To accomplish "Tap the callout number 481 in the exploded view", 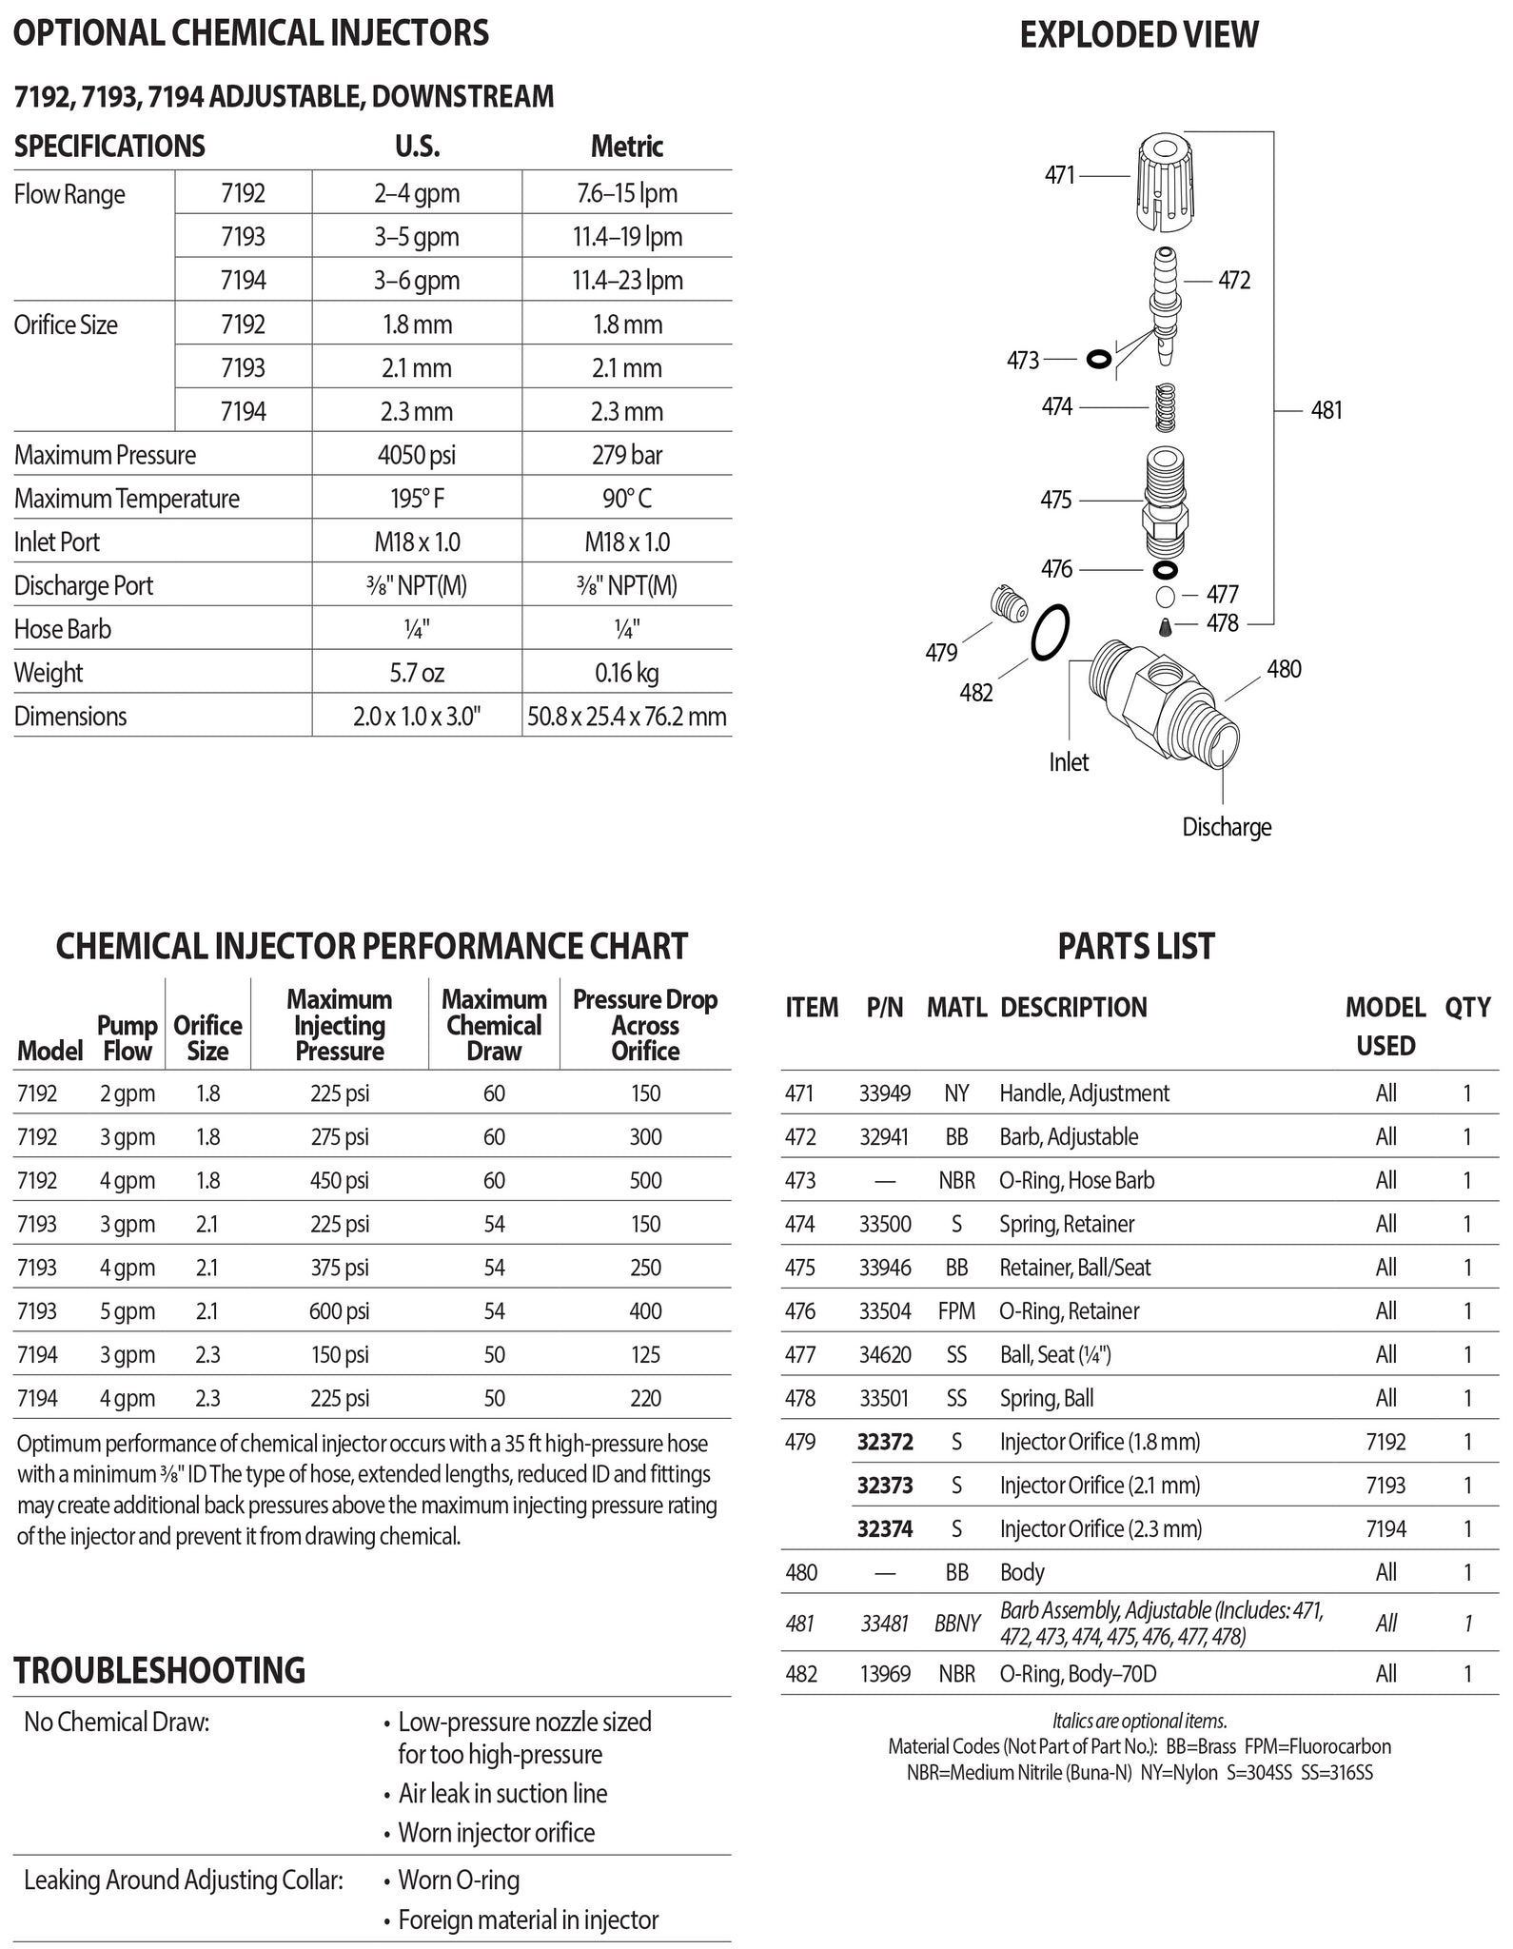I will pyautogui.click(x=1326, y=410).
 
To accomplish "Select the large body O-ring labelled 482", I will pyautogui.click(x=1051, y=632).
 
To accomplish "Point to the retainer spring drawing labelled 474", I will pyautogui.click(x=1166, y=407).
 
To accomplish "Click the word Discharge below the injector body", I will pyautogui.click(x=1226, y=827).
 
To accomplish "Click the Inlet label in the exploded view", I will pyautogui.click(x=1068, y=762).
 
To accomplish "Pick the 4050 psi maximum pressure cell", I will pyautogui.click(x=416, y=455).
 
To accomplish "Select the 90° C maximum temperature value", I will pyautogui.click(x=626, y=499).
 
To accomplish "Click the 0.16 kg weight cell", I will pyautogui.click(x=626, y=673).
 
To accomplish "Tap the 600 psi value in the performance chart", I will pyautogui.click(x=339, y=1311).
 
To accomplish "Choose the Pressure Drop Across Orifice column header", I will pyautogui.click(x=644, y=1026).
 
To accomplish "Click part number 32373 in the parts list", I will pyautogui.click(x=884, y=1486).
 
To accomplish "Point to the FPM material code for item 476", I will pyautogui.click(x=956, y=1311).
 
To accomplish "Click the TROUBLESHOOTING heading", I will pyautogui.click(x=160, y=1671).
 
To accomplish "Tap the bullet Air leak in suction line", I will pyautogui.click(x=501, y=1794).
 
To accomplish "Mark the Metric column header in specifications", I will pyautogui.click(x=626, y=147).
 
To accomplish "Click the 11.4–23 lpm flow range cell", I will pyautogui.click(x=626, y=281).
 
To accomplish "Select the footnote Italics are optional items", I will pyautogui.click(x=1139, y=1721).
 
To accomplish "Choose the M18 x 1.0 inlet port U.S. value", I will pyautogui.click(x=416, y=542).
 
